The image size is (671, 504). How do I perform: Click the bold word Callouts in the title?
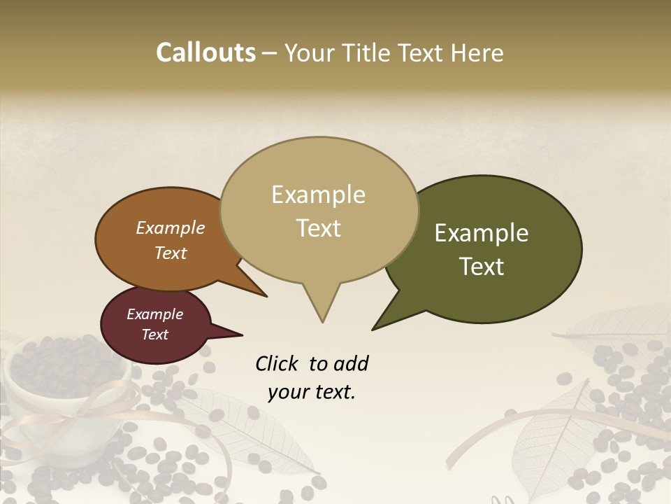point(205,52)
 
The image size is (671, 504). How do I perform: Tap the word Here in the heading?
point(477,52)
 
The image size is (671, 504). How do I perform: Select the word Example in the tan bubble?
point(318,195)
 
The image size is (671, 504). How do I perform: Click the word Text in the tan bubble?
point(318,228)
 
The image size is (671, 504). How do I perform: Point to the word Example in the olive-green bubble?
point(482,233)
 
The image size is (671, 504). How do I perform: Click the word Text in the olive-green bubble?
point(482,267)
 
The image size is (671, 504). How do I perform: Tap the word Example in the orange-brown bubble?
point(170,228)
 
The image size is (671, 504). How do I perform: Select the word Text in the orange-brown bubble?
point(170,253)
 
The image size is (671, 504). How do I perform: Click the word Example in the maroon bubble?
point(154,314)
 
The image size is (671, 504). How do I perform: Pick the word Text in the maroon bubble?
point(154,335)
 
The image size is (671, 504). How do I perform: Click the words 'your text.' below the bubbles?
point(311,392)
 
